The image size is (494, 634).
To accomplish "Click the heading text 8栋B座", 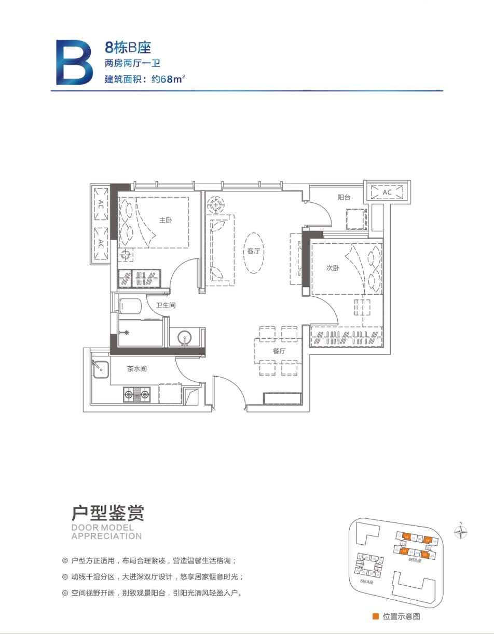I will click(x=128, y=48).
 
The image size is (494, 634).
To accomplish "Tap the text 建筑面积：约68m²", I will click(x=145, y=80).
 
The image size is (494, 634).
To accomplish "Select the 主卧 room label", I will click(x=165, y=220).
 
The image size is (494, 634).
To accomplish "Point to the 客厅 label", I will click(x=253, y=251).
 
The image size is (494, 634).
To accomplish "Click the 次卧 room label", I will click(x=333, y=268).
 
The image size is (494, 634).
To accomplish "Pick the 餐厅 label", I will click(x=279, y=351).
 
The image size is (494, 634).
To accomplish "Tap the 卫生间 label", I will click(x=166, y=306).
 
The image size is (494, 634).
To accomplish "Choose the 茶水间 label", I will click(x=137, y=369).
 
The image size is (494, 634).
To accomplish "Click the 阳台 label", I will click(x=344, y=197).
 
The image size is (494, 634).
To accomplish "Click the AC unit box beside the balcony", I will click(x=387, y=192).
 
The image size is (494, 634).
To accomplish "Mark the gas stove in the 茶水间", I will click(x=136, y=395).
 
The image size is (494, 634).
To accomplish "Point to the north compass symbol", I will click(x=460, y=531).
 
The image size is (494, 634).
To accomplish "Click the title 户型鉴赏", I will click(x=107, y=513).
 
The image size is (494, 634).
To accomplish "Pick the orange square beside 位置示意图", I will click(x=375, y=616).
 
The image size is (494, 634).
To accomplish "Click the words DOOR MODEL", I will click(x=102, y=528).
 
